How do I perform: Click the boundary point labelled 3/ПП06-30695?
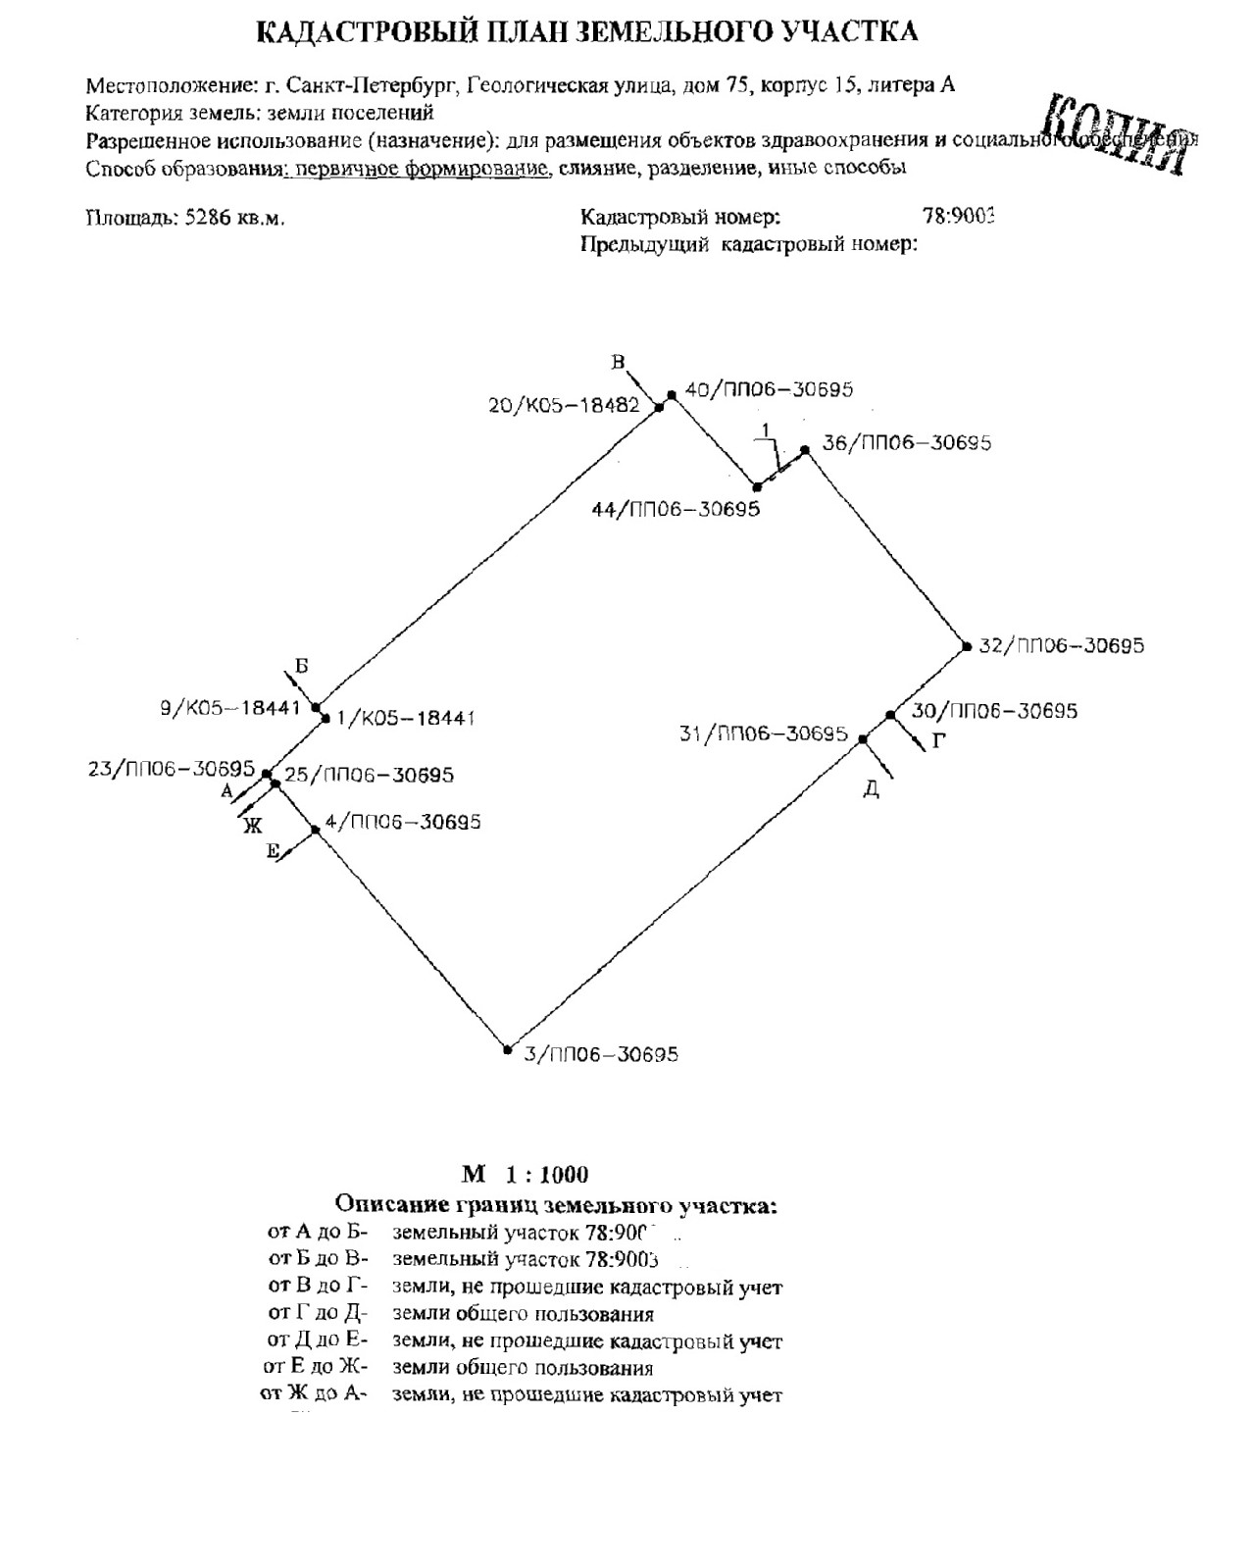point(508,1049)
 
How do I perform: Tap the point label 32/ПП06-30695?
point(1061,646)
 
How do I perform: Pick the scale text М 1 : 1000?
point(526,1174)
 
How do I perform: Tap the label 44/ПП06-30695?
point(676,510)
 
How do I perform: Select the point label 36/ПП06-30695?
point(906,443)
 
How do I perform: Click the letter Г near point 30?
point(938,742)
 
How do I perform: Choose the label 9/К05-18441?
point(229,707)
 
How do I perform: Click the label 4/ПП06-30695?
point(402,822)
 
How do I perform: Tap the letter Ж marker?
point(252,825)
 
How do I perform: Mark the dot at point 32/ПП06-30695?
point(965,645)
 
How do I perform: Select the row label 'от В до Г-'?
point(317,1287)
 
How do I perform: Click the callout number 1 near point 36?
point(768,429)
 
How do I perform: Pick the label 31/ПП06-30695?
point(763,733)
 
